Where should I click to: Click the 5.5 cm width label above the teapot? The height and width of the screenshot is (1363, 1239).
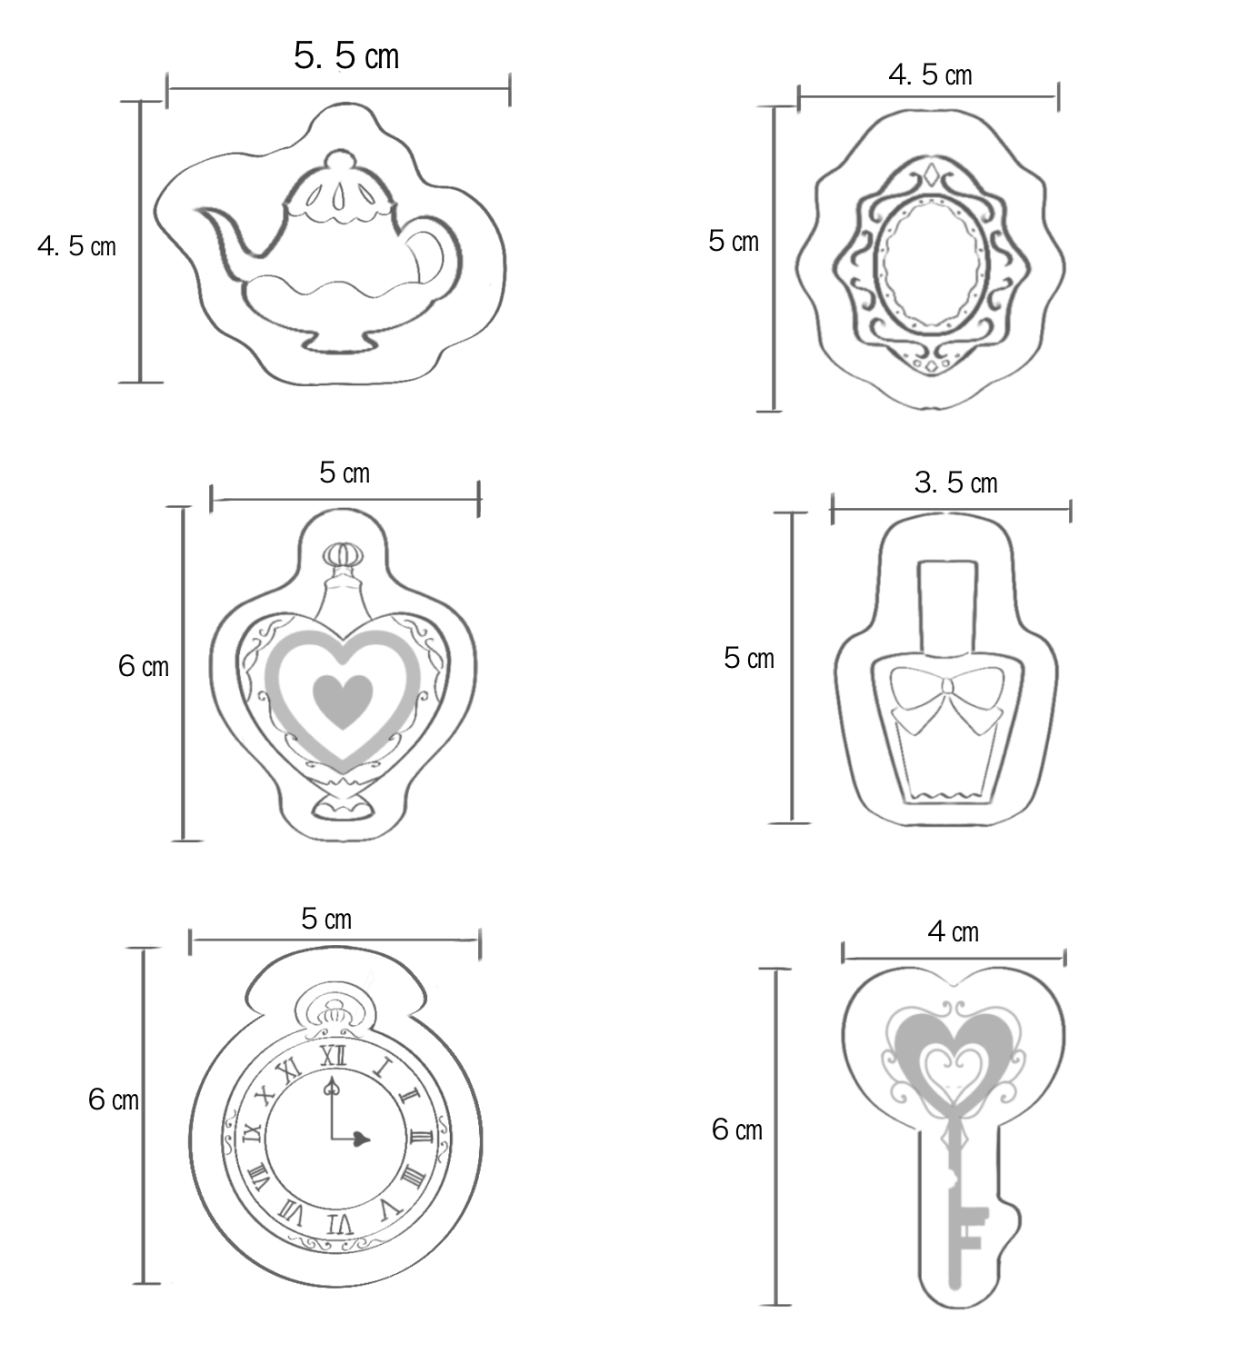click(x=346, y=55)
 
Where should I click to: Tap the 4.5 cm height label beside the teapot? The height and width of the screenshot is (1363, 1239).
click(x=77, y=246)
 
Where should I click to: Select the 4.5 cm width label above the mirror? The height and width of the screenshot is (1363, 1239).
click(x=930, y=75)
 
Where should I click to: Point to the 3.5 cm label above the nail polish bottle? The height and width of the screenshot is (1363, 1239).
click(x=955, y=483)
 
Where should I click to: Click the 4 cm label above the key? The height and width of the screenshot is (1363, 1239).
click(x=954, y=931)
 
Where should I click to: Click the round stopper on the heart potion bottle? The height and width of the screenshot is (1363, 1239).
click(x=344, y=554)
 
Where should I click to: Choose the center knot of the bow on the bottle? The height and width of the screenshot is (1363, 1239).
click(x=947, y=691)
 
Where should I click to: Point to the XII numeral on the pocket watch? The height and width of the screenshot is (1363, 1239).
click(x=334, y=1056)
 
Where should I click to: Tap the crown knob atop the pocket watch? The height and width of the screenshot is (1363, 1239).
click(x=334, y=1013)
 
